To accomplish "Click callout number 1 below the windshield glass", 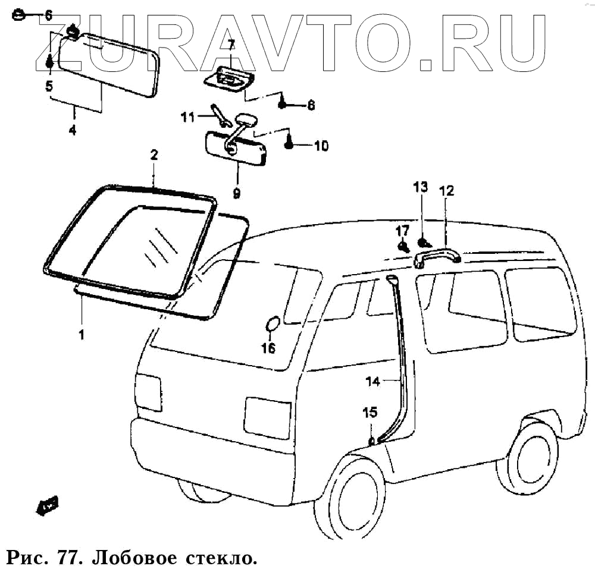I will click(81, 334).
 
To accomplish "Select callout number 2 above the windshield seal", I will click(154, 156).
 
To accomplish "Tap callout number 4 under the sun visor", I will click(73, 130).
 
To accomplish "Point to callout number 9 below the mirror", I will click(236, 193).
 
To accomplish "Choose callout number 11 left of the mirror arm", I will click(188, 117).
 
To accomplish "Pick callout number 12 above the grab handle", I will click(446, 191).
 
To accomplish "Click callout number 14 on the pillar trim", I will click(372, 382).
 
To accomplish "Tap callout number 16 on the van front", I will click(269, 348).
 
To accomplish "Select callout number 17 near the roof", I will click(403, 230).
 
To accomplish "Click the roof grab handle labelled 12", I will click(437, 257).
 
